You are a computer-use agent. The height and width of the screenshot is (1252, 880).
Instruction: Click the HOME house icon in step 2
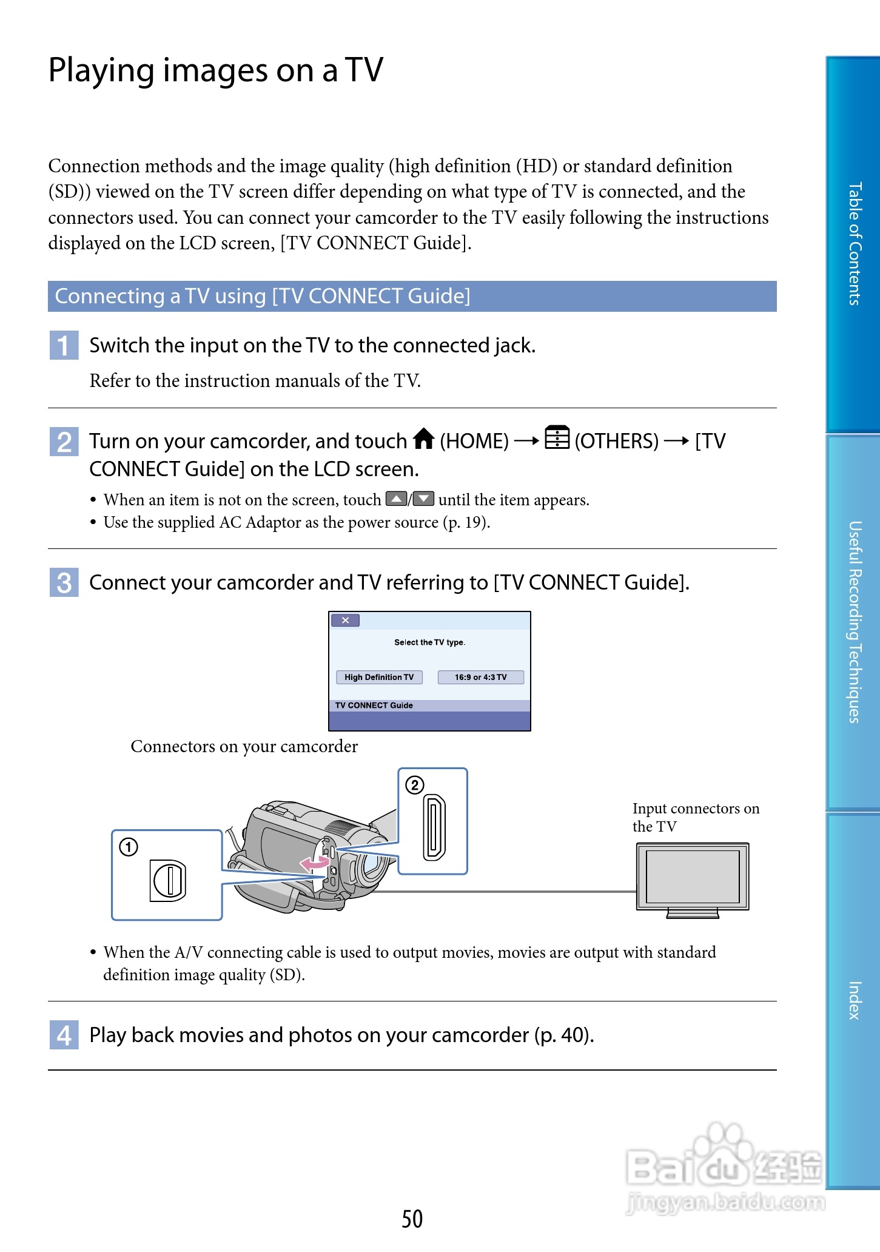[424, 439]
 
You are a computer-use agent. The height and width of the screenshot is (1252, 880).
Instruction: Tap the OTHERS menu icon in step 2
[557, 437]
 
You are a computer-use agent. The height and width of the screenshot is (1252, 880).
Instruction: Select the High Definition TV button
[379, 677]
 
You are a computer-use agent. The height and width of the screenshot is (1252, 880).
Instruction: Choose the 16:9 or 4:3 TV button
[480, 677]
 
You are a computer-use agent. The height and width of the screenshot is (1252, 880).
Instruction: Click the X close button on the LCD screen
[345, 620]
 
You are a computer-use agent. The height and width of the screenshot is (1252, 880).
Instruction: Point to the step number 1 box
[64, 345]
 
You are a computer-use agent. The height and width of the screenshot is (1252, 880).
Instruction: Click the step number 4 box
[64, 1035]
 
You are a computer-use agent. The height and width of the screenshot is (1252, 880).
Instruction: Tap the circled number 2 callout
[414, 786]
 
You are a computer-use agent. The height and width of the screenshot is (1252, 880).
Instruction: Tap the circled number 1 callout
[129, 847]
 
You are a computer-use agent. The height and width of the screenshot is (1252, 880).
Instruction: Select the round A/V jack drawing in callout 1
[168, 880]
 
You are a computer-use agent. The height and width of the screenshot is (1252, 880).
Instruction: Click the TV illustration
[693, 878]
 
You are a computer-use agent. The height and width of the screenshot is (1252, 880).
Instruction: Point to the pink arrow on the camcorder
[314, 863]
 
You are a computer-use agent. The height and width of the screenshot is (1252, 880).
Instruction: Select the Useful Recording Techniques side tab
[854, 622]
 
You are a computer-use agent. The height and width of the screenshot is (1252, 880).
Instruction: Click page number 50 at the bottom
[412, 1219]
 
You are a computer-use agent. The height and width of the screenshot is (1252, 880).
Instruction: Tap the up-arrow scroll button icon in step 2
[396, 499]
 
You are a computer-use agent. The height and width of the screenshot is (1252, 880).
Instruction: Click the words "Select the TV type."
[429, 642]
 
